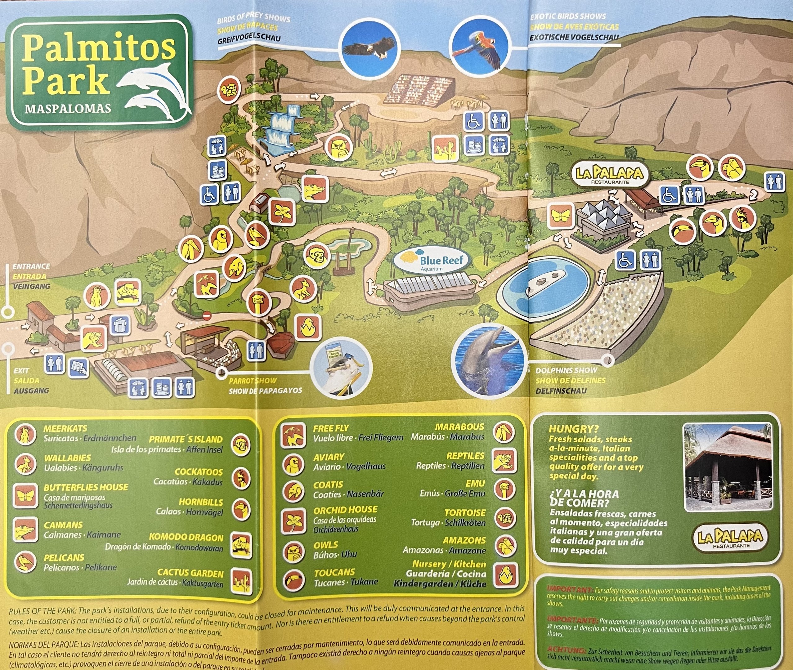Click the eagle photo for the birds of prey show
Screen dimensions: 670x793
click(369, 47)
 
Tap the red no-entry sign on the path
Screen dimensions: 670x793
click(207, 315)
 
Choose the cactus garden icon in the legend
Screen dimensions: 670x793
click(242, 581)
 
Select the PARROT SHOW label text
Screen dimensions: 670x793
click(253, 380)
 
